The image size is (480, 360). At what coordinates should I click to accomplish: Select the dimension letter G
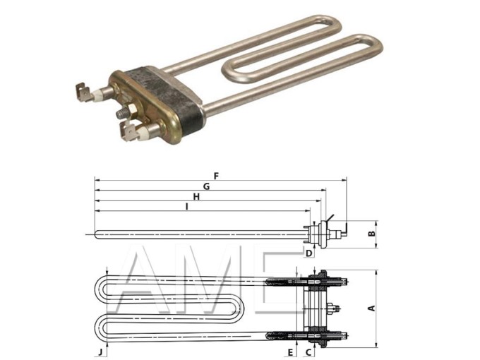(207, 185)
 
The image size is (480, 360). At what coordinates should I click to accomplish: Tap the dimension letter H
(197, 197)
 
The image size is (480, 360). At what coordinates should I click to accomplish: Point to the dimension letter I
(186, 208)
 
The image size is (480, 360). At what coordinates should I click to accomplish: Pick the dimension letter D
(308, 252)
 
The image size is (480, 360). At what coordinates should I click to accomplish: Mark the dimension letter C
(308, 351)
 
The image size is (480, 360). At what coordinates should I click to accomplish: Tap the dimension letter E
(290, 351)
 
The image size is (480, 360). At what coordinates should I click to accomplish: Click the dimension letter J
(100, 351)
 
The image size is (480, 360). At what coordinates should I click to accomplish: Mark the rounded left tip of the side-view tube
(96, 234)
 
